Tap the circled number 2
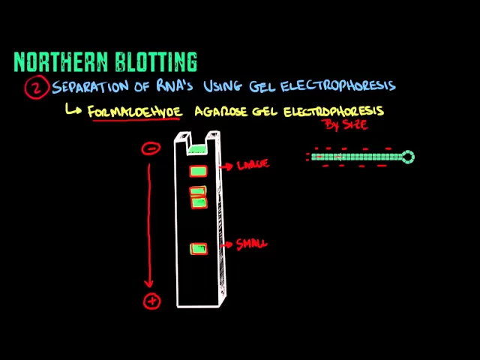click(x=36, y=88)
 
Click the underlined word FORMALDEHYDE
click(x=135, y=112)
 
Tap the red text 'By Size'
click(x=345, y=124)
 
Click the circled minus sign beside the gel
click(x=151, y=148)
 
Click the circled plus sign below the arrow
click(x=151, y=301)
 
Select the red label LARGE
click(x=252, y=164)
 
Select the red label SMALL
click(x=251, y=244)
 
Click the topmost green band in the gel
click(x=198, y=172)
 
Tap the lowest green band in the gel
click(x=198, y=249)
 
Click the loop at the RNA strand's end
click(x=408, y=157)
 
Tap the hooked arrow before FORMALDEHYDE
click(x=73, y=110)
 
